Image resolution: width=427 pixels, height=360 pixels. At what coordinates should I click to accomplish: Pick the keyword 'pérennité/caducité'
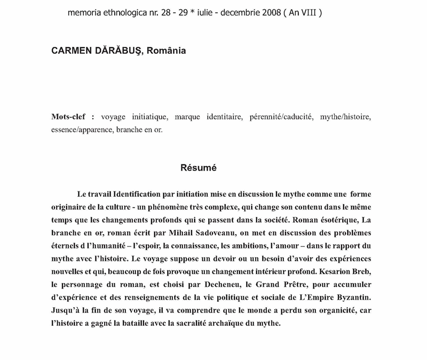pos(281,116)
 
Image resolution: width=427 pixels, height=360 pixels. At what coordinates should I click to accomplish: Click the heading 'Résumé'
pos(198,167)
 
